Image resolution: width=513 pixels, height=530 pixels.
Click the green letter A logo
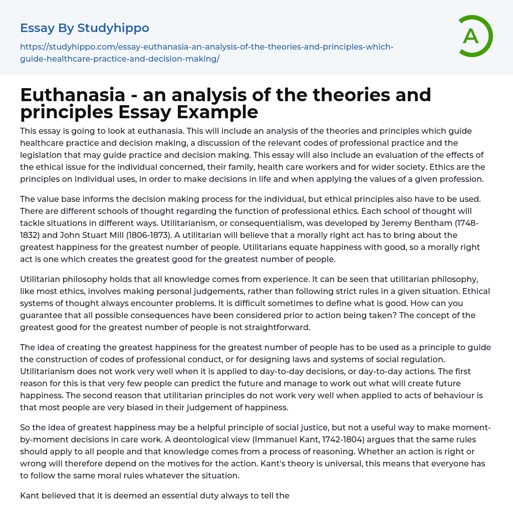(472, 36)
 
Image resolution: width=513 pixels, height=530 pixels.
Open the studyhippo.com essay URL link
(206, 53)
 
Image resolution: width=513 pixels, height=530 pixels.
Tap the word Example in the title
(219, 112)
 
